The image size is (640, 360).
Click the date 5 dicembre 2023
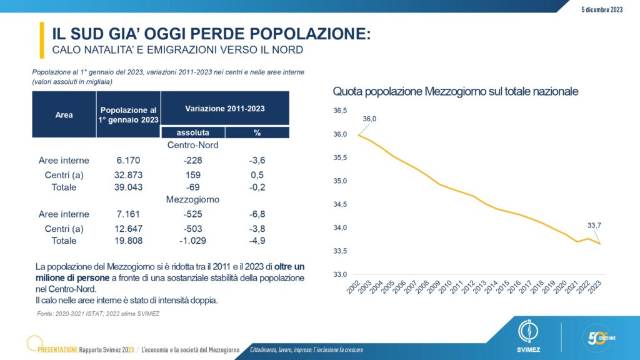tap(602, 9)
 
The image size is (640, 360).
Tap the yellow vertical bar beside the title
tap(42, 40)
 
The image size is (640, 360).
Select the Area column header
tap(64, 115)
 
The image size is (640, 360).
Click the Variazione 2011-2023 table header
tap(225, 109)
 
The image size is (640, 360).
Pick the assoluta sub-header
tap(192, 132)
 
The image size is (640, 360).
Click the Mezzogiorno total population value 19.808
tap(128, 241)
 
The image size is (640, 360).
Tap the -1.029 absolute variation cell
tap(192, 241)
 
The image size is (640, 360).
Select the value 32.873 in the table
tap(128, 175)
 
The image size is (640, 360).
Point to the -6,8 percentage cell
tap(257, 214)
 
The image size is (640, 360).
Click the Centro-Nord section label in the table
tap(192, 145)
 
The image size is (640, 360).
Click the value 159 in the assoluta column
tap(193, 175)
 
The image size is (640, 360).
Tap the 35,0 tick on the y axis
tap(340, 181)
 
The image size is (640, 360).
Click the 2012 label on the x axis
tap(467, 287)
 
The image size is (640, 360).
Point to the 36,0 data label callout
tap(369, 119)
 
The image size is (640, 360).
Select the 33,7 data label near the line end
tap(594, 225)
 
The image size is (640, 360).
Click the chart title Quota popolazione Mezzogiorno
tap(456, 91)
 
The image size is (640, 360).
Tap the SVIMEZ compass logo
tap(528, 336)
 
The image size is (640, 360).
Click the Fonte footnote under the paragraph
tap(98, 314)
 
